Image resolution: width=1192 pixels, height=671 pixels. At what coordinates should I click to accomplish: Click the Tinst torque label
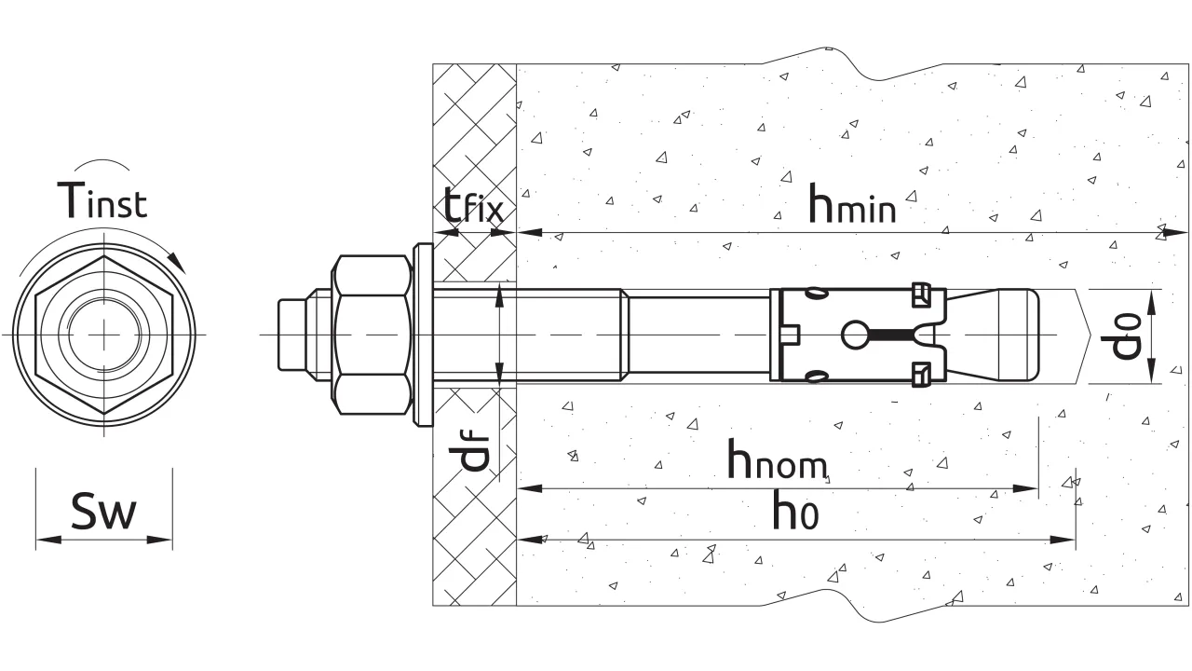[102, 199]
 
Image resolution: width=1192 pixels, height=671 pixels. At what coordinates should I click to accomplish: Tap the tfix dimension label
[474, 206]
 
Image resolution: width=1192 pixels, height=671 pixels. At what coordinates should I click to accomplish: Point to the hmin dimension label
[851, 204]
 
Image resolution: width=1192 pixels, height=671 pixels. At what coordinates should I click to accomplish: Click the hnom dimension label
[778, 460]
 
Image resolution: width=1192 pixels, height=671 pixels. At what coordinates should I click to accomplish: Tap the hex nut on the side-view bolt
[372, 335]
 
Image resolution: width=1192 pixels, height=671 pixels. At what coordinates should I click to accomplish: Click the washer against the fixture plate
[422, 335]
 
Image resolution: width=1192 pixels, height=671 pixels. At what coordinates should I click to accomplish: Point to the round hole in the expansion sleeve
[854, 335]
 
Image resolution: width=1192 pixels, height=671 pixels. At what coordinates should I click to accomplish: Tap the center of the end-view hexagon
[103, 333]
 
